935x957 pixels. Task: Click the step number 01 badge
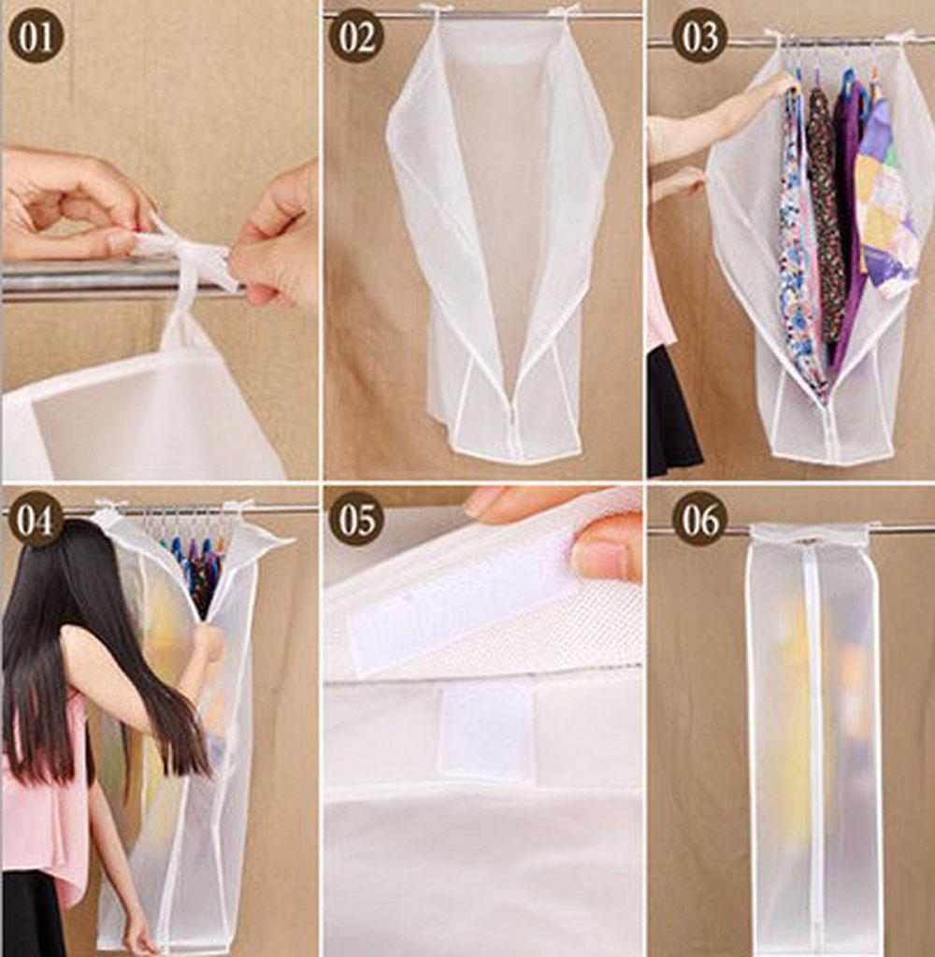pos(36,36)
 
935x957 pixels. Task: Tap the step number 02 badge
pos(356,36)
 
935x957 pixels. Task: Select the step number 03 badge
pos(700,36)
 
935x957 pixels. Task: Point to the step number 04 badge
pos(35,520)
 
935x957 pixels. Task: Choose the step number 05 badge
pos(356,520)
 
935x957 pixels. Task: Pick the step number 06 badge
pos(700,520)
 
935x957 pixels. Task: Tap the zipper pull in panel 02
pos(511,420)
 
